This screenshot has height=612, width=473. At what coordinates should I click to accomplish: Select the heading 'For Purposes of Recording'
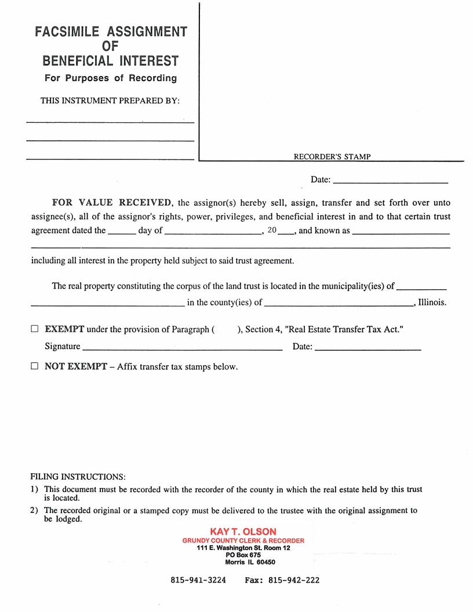pos(111,78)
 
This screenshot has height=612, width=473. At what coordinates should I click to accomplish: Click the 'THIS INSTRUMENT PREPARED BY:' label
pos(110,101)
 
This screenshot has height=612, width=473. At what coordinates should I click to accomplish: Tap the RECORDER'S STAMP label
pos(332,156)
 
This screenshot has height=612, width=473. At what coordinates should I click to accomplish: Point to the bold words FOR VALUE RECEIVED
pos(112,203)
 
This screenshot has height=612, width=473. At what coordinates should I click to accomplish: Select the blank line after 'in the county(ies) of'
pos(339,303)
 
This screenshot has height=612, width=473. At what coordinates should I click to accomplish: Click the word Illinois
pos(432,303)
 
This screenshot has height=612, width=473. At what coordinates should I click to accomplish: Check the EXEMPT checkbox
pos(35,329)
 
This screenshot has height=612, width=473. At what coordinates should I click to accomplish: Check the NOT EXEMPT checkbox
pos(35,366)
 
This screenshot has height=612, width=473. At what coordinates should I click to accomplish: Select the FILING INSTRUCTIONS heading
pos(78,477)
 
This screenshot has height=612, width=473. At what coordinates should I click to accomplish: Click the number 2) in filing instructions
pos(34,511)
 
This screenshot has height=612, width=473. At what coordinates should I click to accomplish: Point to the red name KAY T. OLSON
pos(243,531)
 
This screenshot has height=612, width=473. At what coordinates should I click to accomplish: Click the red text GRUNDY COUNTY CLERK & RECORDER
pos(243,541)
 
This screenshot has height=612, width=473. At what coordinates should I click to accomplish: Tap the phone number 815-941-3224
pos(198,580)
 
